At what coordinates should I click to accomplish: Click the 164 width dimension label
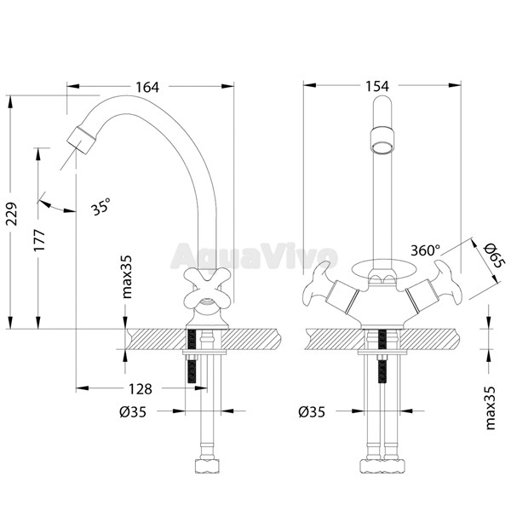tap(147, 87)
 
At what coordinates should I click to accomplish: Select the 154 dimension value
tap(377, 86)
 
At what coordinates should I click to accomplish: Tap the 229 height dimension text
tap(13, 214)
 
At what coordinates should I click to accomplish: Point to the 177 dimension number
tap(40, 240)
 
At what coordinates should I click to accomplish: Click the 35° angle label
tap(101, 207)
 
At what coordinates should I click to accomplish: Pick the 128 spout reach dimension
tap(141, 389)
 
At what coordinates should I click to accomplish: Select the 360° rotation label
tap(425, 250)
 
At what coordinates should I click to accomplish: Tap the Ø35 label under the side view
tap(133, 412)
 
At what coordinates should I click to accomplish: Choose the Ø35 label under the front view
tap(312, 412)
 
